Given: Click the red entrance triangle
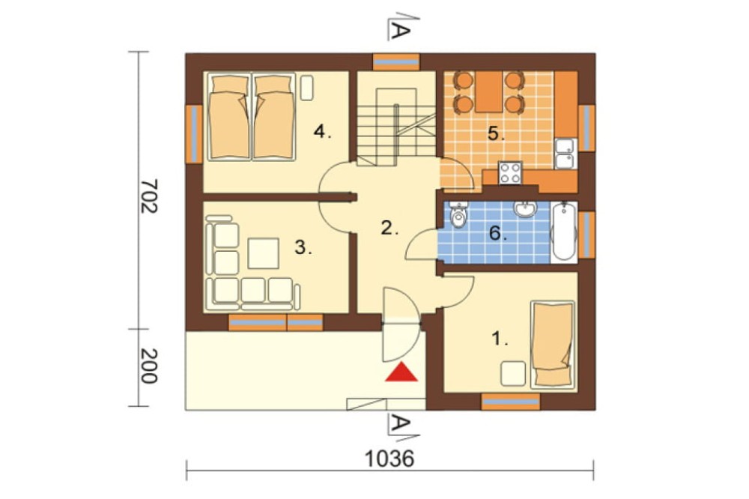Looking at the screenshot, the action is [x=401, y=372].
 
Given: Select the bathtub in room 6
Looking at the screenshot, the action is [x=564, y=232].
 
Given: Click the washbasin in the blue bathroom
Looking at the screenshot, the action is [x=525, y=209].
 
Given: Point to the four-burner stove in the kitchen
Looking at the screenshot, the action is [x=509, y=172].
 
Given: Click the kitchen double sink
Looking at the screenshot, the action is [x=566, y=154].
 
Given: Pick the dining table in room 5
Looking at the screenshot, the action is [x=488, y=91].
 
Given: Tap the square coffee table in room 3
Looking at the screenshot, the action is [x=263, y=253].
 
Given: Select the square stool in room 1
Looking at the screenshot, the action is [x=512, y=373].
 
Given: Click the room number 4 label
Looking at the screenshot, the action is [x=322, y=131].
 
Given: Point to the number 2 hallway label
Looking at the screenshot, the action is [x=389, y=228].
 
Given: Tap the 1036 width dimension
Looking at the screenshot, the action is [x=389, y=459].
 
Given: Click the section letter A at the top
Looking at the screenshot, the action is [x=400, y=31].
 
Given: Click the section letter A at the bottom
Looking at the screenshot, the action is [x=400, y=423].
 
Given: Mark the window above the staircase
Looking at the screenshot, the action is [x=396, y=62].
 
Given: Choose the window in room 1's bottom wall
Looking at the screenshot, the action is [x=510, y=402].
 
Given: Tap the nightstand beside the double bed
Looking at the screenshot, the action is [x=306, y=87].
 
